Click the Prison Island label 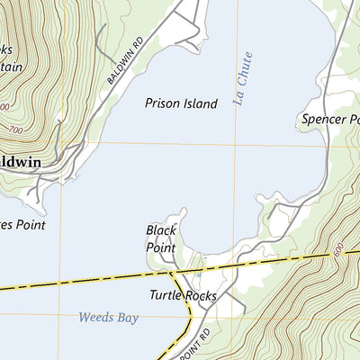pos(181,103)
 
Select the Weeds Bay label pos(109,317)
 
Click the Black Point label pos(161,238)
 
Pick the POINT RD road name pos(192,345)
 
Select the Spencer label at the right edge pos(325,120)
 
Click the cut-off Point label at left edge pos(22,225)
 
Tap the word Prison pos(162,103)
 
